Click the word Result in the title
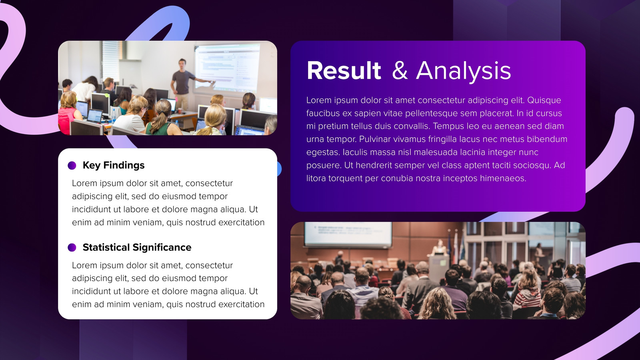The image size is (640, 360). pyautogui.click(x=344, y=70)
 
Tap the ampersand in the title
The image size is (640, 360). pyautogui.click(x=400, y=70)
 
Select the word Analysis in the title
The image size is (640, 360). pyautogui.click(x=464, y=71)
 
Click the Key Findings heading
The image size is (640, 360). pyautogui.click(x=114, y=165)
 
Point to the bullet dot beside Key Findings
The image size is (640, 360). pyautogui.click(x=72, y=166)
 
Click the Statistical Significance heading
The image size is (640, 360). pyautogui.click(x=137, y=247)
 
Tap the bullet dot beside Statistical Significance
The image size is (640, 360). pyautogui.click(x=72, y=248)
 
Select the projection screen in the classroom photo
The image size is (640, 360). pyautogui.click(x=227, y=68)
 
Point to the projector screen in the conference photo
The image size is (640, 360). pyautogui.click(x=348, y=234)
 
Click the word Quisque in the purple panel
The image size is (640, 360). pyautogui.click(x=544, y=100)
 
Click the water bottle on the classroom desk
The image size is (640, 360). pyautogui.click(x=114, y=116)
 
